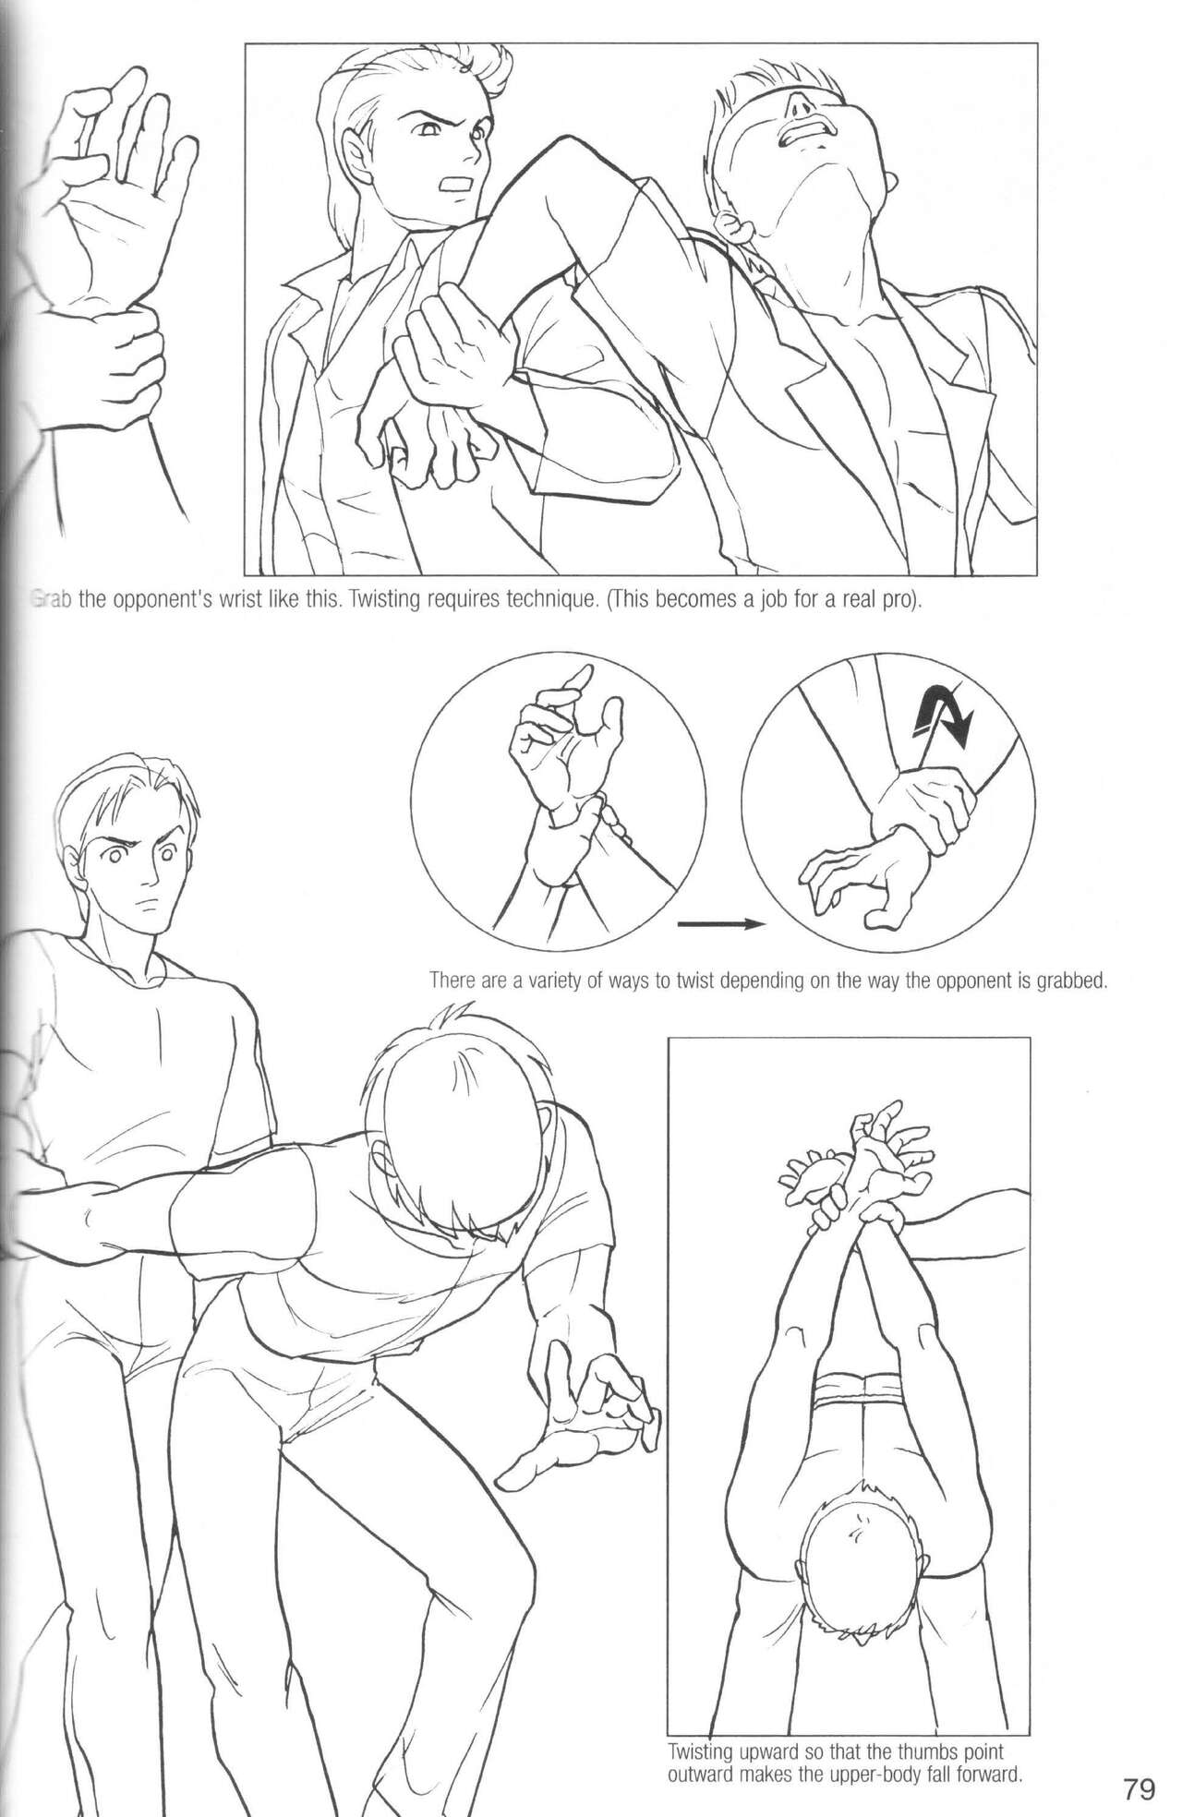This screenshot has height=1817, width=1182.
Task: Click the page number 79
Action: point(1140,1765)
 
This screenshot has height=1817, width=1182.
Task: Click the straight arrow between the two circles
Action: point(721,922)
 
